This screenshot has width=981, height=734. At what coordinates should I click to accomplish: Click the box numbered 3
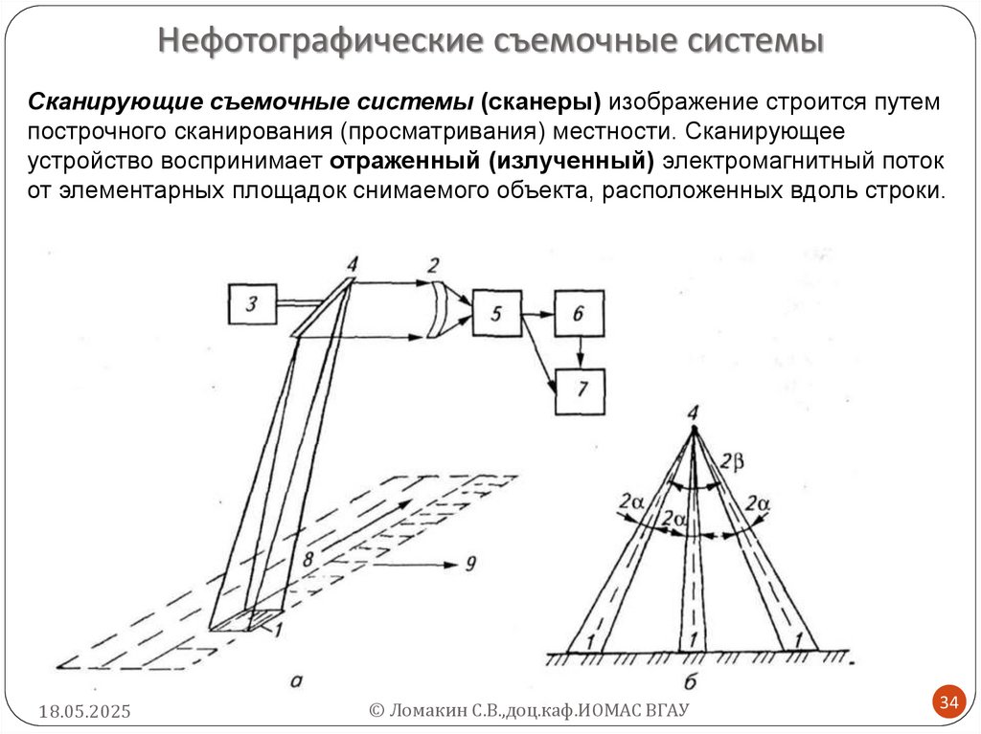tap(252, 305)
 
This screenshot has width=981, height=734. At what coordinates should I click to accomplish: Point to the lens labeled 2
tap(443, 310)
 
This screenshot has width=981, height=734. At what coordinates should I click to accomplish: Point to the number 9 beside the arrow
tap(470, 563)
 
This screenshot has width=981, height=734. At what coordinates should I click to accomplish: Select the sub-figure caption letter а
tap(297, 680)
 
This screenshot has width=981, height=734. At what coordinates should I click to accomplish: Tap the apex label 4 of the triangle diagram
tap(692, 412)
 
